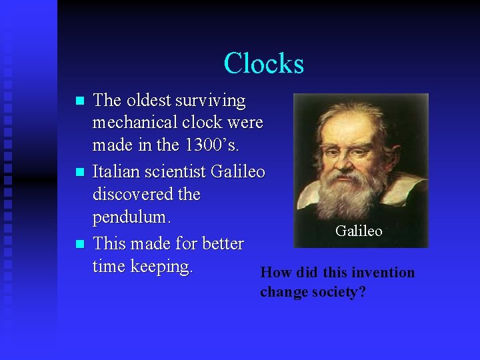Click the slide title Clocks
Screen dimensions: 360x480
coord(264,63)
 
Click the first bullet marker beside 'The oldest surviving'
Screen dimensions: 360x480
coord(80,101)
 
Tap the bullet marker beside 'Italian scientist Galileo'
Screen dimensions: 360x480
coord(80,173)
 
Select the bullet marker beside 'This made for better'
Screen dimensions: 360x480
coord(80,244)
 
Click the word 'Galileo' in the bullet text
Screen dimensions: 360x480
coord(238,172)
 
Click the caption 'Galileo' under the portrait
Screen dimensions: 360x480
coord(359,231)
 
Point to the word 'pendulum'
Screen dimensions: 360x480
coord(131,218)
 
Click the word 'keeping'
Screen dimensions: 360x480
coord(161,267)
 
